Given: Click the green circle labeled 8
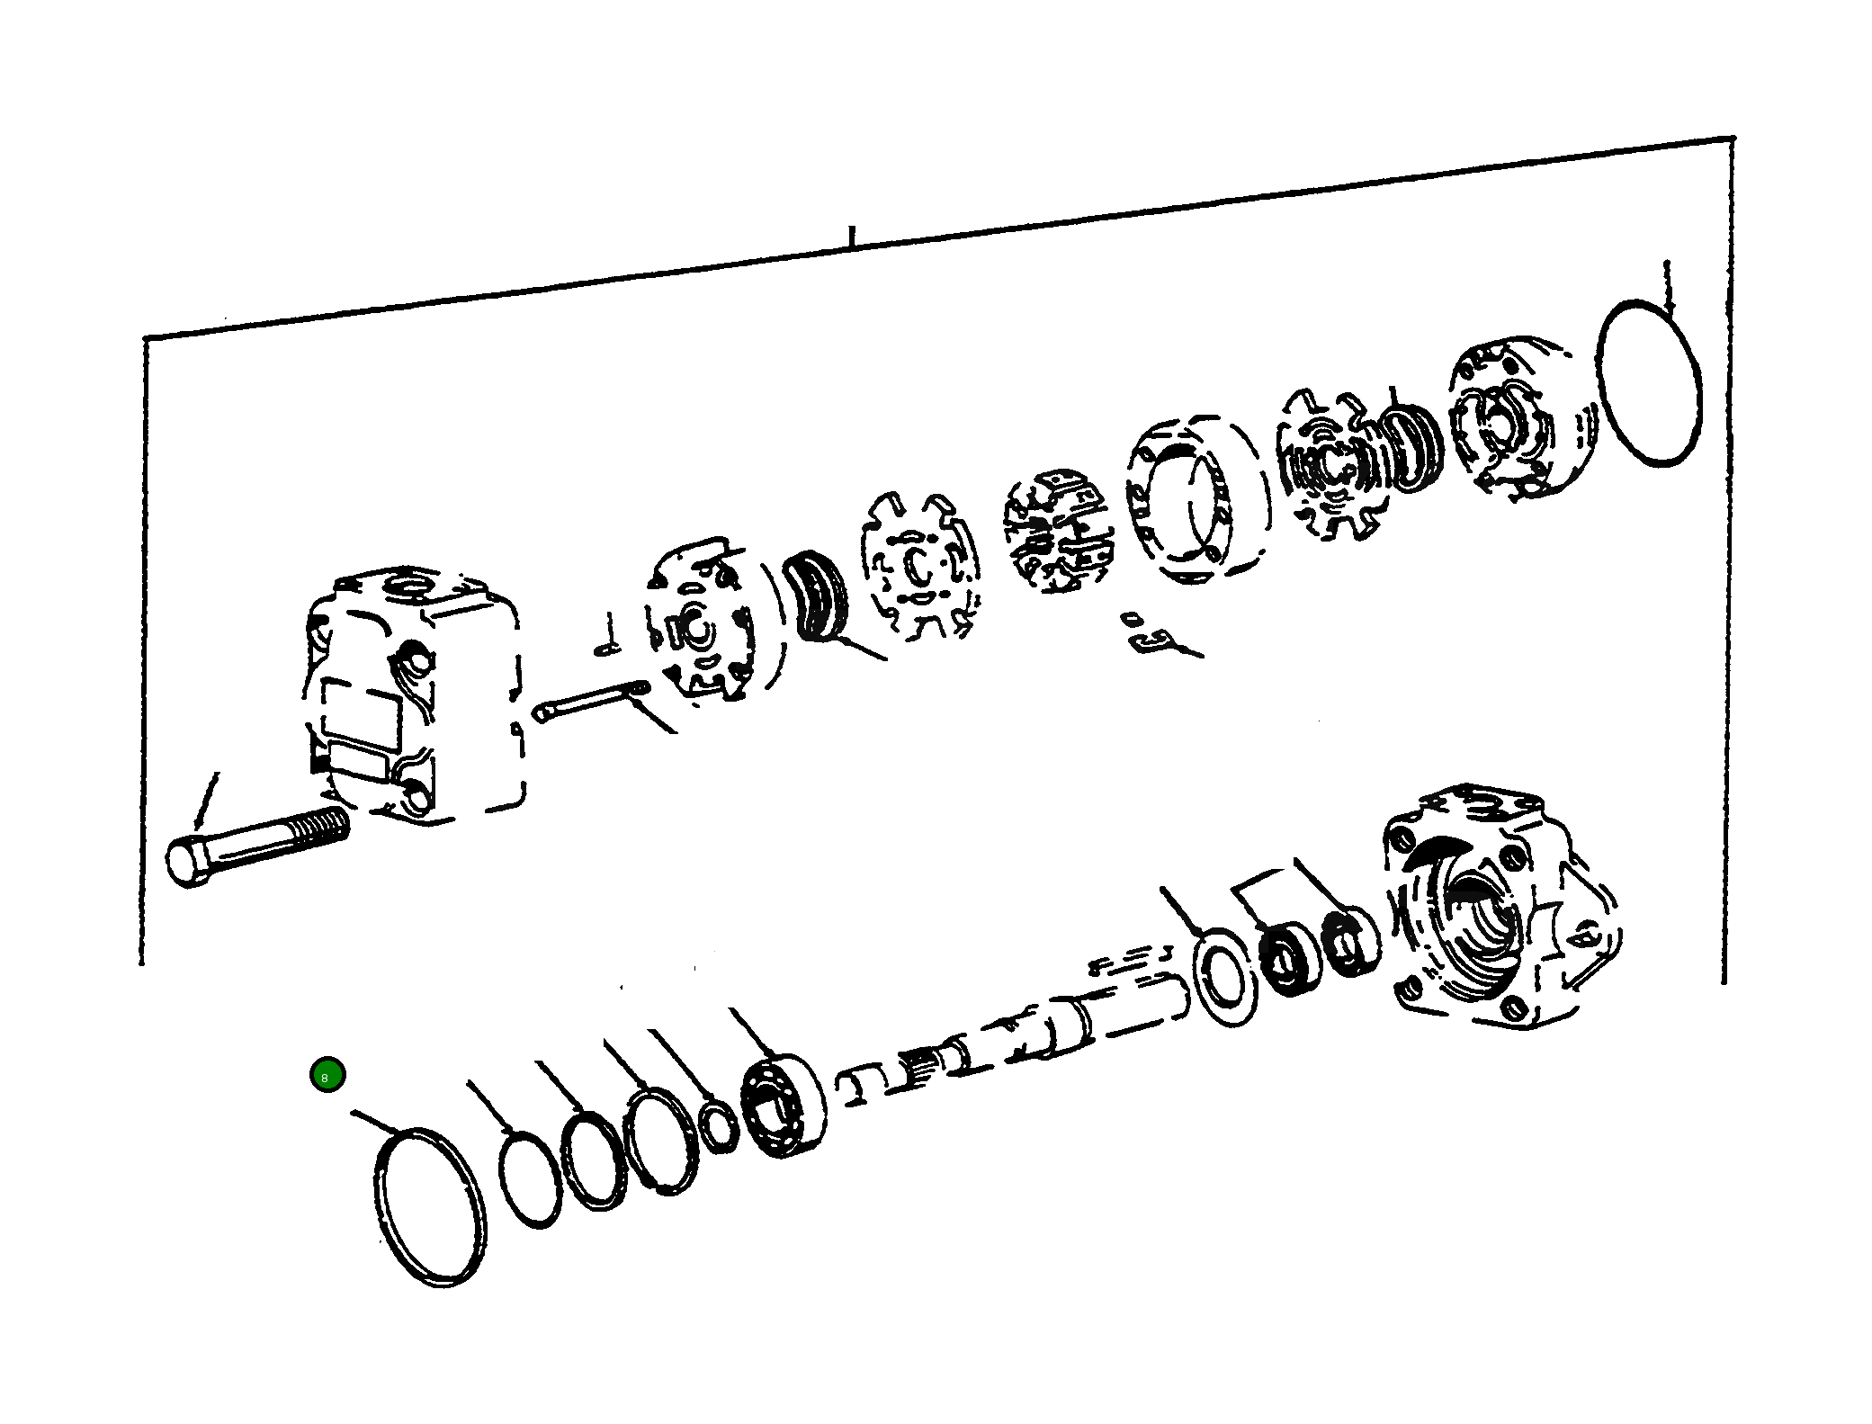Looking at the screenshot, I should (327, 1075).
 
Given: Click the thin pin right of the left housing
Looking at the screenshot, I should (589, 699).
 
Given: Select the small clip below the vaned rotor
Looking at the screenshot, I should (1151, 636).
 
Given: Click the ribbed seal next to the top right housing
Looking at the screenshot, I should (1411, 448).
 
